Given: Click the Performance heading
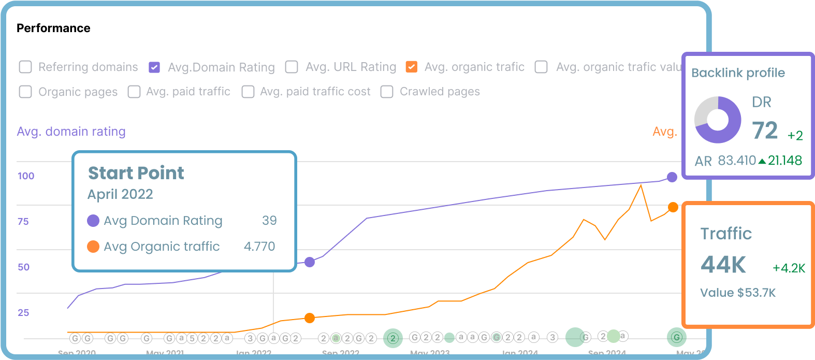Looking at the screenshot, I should (53, 28).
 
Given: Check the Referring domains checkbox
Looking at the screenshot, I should (25, 67).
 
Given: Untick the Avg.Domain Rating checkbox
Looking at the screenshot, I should (154, 67).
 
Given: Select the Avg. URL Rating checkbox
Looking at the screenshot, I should (292, 67).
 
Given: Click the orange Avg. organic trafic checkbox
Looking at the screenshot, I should (412, 67).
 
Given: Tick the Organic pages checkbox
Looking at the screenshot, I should (25, 92).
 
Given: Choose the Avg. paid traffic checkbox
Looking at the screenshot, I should (134, 92).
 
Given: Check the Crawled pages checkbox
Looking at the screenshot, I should (387, 92).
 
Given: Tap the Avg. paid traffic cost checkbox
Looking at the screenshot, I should (248, 92).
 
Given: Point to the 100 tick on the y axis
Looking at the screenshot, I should (26, 176).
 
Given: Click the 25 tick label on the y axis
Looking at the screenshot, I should (23, 313).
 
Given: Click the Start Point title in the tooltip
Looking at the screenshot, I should (136, 173).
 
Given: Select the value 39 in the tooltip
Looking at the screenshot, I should (269, 221).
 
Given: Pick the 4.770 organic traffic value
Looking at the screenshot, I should (259, 247).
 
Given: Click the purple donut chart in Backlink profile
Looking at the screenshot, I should (718, 120).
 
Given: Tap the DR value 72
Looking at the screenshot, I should (765, 131).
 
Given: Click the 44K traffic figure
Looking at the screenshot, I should (723, 265).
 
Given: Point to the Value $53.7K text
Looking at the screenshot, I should (738, 293).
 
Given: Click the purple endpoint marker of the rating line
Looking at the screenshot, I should (672, 177).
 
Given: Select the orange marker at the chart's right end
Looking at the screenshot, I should (673, 207).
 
